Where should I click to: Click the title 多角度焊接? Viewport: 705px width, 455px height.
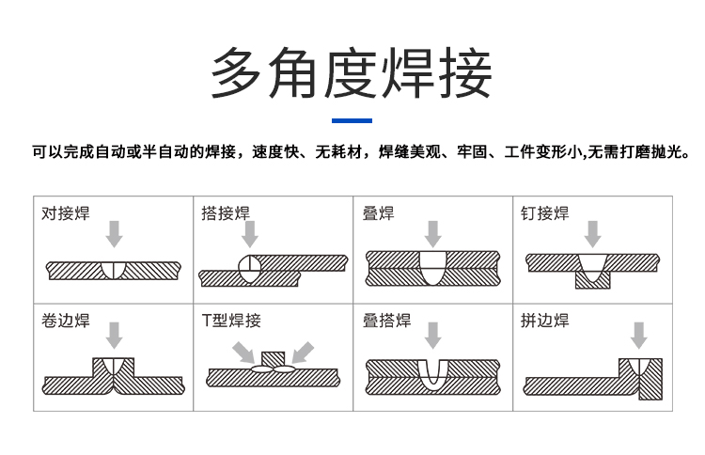[x=352, y=74]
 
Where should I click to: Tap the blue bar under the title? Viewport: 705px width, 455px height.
[x=352, y=120]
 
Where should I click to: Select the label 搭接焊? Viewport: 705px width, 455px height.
[x=226, y=213]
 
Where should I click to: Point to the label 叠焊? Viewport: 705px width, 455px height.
[x=378, y=213]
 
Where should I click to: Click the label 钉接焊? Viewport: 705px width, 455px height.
[x=545, y=213]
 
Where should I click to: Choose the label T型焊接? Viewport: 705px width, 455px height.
[x=231, y=321]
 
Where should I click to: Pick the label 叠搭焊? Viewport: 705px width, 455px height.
[x=386, y=321]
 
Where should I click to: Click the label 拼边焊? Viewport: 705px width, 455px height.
[x=545, y=321]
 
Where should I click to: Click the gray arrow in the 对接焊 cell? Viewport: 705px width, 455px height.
[x=114, y=234]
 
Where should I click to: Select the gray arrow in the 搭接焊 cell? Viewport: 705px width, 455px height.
[x=250, y=234]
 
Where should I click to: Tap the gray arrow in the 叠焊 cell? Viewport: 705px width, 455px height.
[x=432, y=234]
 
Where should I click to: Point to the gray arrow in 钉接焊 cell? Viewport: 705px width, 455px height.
[x=592, y=234]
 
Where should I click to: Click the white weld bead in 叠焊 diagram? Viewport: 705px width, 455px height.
[x=432, y=267]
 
